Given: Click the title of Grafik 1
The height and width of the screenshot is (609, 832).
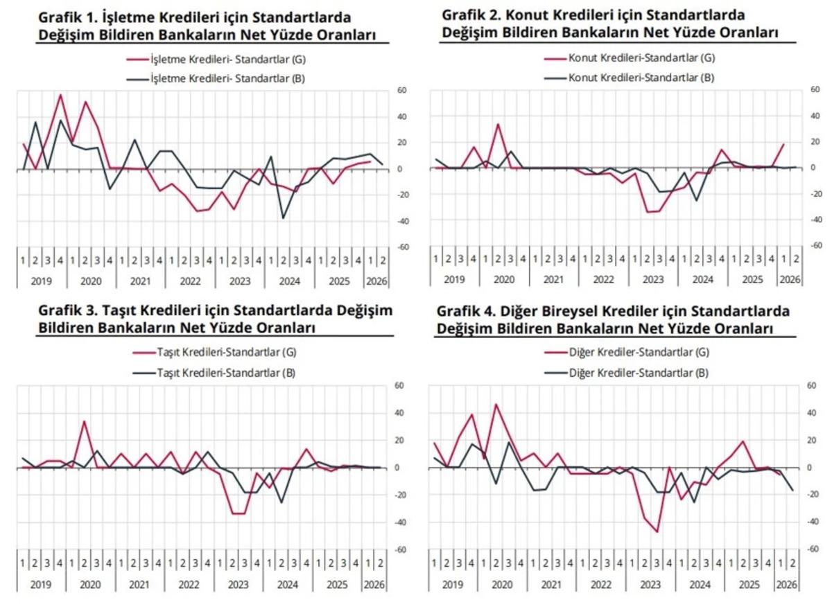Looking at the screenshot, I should point(211,25).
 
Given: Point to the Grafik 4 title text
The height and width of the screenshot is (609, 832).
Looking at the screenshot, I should point(612,319).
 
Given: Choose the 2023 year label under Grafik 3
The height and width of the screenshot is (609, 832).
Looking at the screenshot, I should point(239,585).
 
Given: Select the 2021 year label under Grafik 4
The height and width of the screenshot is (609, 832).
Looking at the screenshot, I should point(553,585).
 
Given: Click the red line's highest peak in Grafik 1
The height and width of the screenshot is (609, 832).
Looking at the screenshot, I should point(60,95).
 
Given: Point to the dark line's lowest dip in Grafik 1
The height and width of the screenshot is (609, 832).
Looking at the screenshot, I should point(283,218).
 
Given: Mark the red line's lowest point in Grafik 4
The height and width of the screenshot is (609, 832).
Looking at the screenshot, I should point(657,531).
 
